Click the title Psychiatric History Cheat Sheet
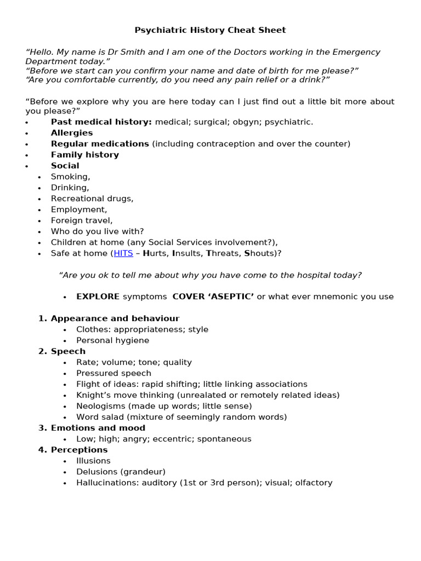210,30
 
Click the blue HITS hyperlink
123,253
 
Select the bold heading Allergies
72,133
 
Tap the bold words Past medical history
101,122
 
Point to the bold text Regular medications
100,144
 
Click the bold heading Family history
85,154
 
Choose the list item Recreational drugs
92,198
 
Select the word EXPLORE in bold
98,296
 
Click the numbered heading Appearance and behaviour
115,318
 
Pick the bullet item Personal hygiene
112,340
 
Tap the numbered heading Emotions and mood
98,428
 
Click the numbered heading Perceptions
79,450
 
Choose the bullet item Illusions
93,461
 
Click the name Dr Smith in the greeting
130,52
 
